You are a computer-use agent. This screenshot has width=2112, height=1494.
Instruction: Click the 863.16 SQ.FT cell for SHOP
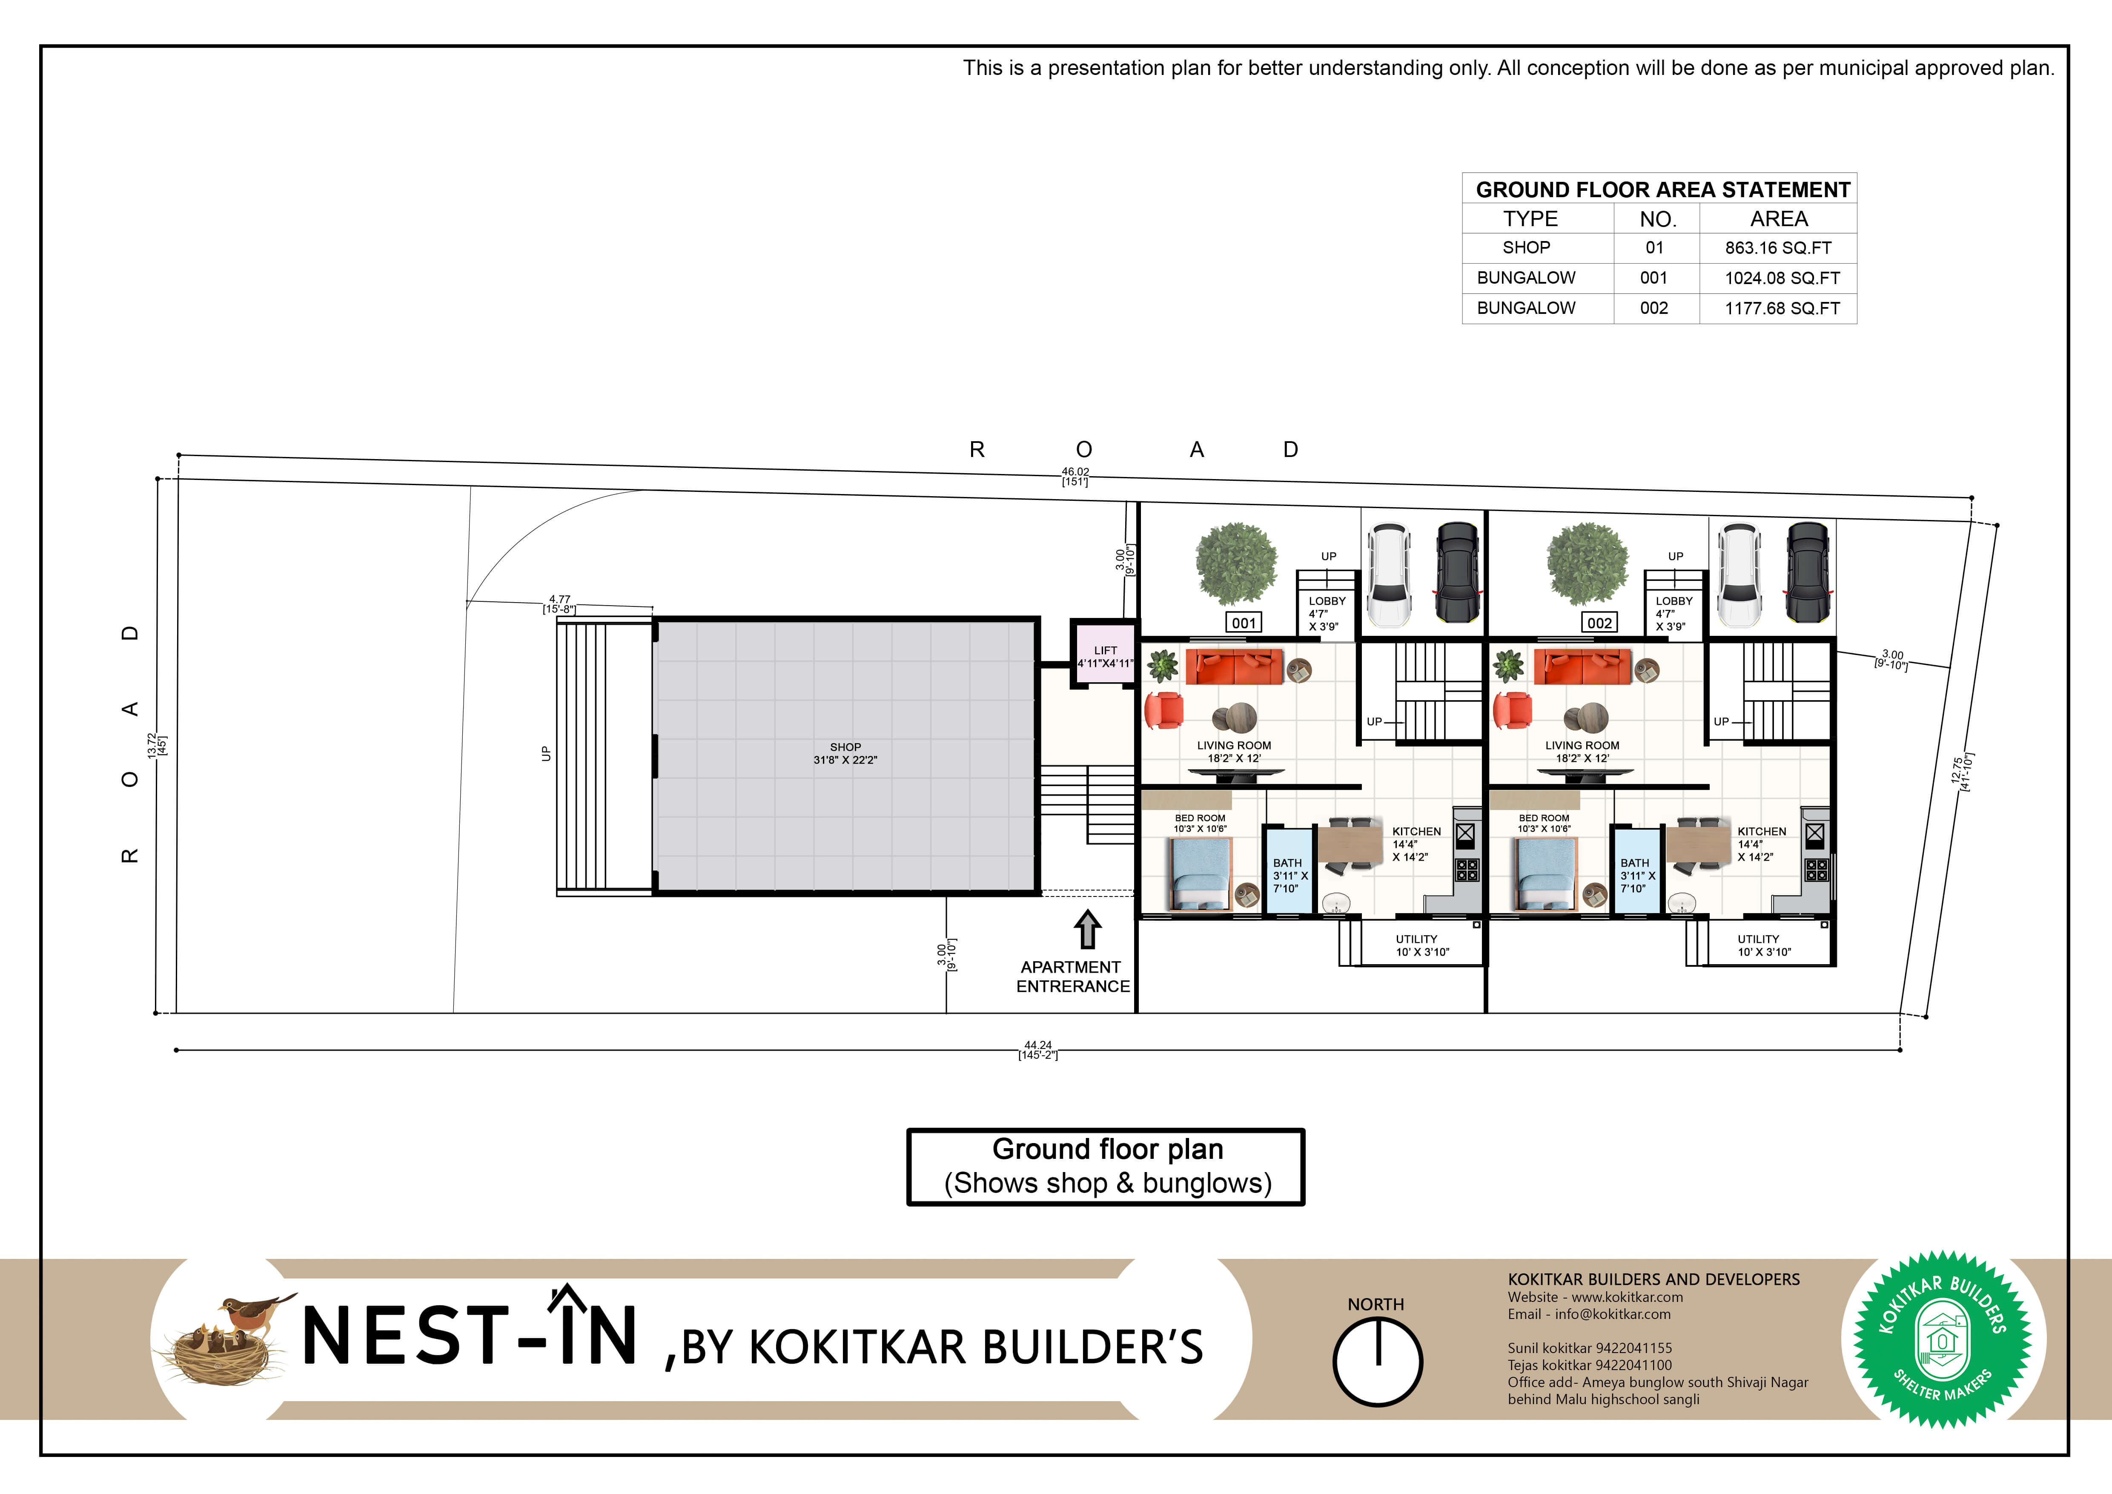coord(1778,247)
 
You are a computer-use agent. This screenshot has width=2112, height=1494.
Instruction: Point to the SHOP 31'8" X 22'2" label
coord(845,753)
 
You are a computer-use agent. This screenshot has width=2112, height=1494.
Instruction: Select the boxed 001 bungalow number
coord(1244,623)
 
